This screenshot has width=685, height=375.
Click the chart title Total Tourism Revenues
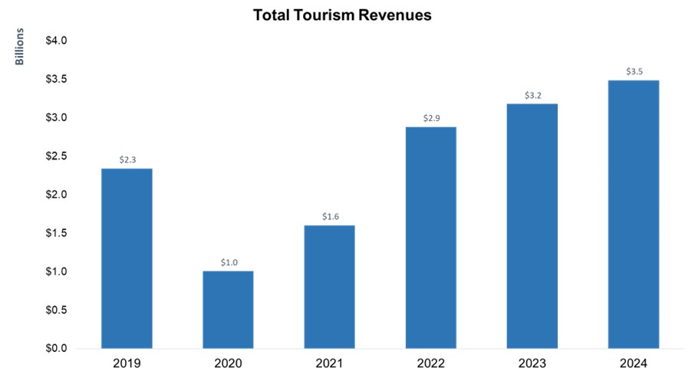pyautogui.click(x=342, y=15)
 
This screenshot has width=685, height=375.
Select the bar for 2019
pyautogui.click(x=127, y=258)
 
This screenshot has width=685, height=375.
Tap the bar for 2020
pyautogui.click(x=228, y=310)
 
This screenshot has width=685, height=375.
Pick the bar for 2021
pyautogui.click(x=329, y=287)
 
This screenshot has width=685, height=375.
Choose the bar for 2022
pyautogui.click(x=430, y=238)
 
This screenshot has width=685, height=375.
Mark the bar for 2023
pyautogui.click(x=532, y=226)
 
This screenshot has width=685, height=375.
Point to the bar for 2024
pyautogui.click(x=633, y=215)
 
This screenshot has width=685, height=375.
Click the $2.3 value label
pyautogui.click(x=127, y=160)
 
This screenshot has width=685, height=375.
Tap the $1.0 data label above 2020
pyautogui.click(x=228, y=262)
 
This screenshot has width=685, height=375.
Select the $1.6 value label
pyautogui.click(x=329, y=217)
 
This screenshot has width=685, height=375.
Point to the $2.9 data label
pyautogui.click(x=430, y=119)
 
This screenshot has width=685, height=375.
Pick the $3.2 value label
pyautogui.click(x=532, y=96)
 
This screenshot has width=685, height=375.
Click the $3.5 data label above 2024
pyautogui.click(x=633, y=72)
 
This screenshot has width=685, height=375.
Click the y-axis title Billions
pyautogui.click(x=21, y=46)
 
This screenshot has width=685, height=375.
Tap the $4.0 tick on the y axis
pyautogui.click(x=57, y=41)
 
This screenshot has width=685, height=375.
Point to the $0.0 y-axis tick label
pyautogui.click(x=57, y=349)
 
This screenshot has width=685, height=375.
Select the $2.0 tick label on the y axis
pyautogui.click(x=57, y=195)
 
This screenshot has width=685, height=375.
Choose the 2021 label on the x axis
pyautogui.click(x=329, y=363)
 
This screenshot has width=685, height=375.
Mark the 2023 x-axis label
pyautogui.click(x=532, y=363)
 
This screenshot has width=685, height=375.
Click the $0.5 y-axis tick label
pyautogui.click(x=57, y=311)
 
